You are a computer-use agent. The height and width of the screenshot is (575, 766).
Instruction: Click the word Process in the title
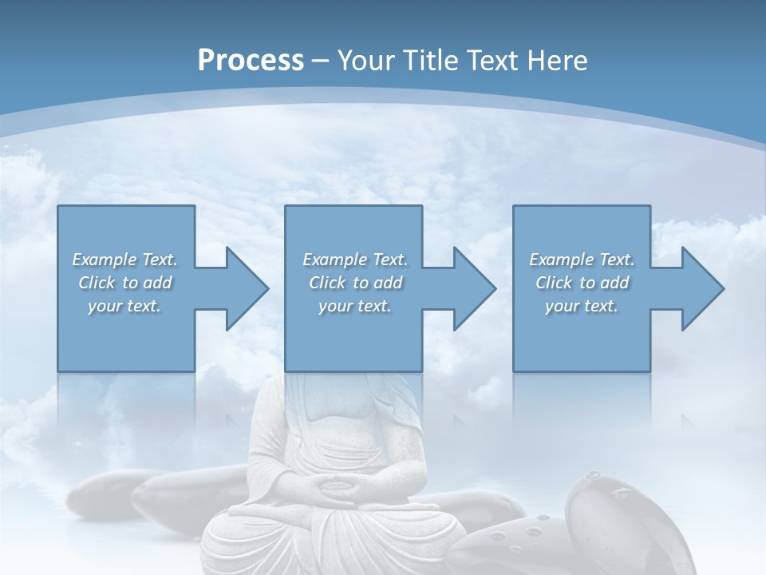pyautogui.click(x=251, y=60)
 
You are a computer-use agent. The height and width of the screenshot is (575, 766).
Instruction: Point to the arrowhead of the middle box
pyautogui.click(x=473, y=288)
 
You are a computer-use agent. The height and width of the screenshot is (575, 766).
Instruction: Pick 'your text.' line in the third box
pyautogui.click(x=581, y=306)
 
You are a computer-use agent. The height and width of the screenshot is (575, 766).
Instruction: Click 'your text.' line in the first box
pyautogui.click(x=124, y=306)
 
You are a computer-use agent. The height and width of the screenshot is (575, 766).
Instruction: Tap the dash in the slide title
pyautogui.click(x=321, y=60)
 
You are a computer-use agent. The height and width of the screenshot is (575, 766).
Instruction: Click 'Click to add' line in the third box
pyautogui.click(x=582, y=283)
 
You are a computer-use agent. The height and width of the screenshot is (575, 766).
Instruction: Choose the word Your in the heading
pyautogui.click(x=369, y=60)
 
